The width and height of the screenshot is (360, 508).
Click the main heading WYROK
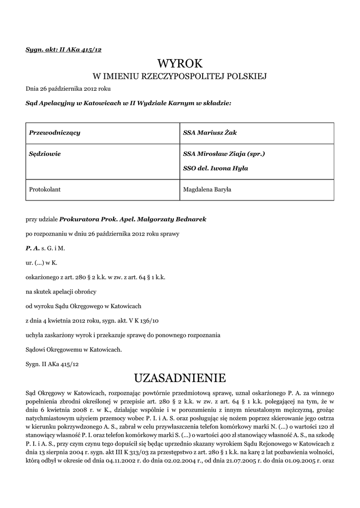click(x=180, y=63)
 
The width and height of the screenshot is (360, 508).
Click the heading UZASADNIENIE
click(x=180, y=379)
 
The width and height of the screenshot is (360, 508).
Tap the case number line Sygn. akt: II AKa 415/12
click(x=64, y=49)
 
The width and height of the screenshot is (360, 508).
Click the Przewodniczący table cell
click(x=55, y=133)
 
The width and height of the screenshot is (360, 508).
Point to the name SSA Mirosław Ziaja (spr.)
click(x=224, y=154)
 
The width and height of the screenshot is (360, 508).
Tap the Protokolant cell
click(x=45, y=189)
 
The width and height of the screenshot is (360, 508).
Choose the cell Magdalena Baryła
click(x=211, y=189)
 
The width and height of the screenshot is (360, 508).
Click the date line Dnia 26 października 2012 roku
click(x=68, y=89)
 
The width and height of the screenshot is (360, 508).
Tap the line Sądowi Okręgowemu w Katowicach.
click(x=73, y=350)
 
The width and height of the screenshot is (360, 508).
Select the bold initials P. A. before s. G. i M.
click(x=32, y=248)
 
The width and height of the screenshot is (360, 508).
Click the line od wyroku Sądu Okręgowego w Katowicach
click(x=83, y=307)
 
